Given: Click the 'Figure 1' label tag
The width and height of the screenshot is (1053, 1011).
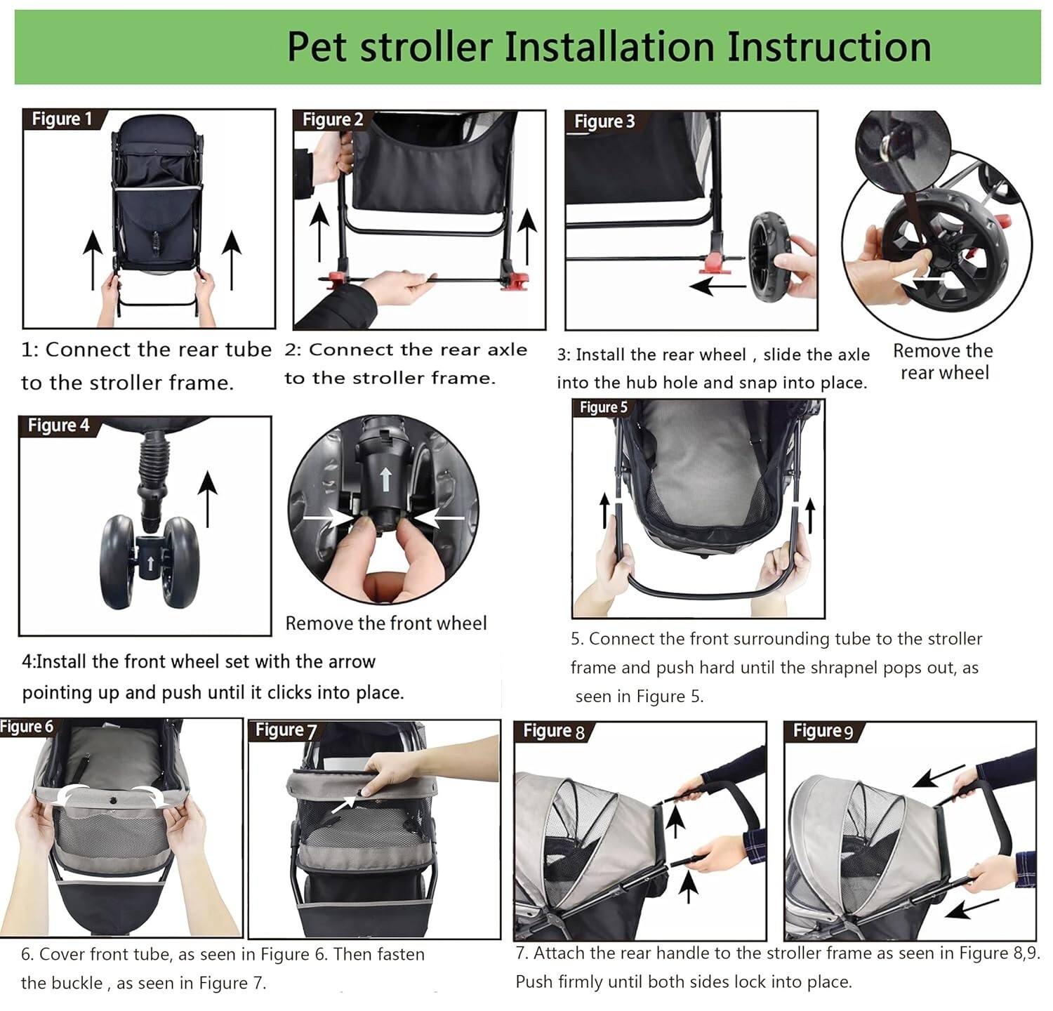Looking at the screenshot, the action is pos(62,119).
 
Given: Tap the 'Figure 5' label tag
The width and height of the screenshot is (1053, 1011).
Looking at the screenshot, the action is pos(603,407).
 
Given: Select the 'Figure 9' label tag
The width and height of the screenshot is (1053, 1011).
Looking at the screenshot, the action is pos(823,731).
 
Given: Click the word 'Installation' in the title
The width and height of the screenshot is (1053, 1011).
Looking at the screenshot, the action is pos(609,46).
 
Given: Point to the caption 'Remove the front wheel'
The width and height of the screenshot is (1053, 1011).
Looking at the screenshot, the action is pos(385,623).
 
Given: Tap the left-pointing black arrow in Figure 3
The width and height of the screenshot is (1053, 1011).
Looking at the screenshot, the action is pos(717,286).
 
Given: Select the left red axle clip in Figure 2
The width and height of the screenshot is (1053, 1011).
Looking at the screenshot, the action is pos(336,278).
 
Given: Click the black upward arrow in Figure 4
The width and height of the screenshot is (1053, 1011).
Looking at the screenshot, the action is pos(207,498).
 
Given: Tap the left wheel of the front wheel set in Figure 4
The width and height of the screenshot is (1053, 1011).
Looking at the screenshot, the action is pos(117,562).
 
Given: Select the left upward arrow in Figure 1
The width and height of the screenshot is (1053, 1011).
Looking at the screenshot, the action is pos(91,260).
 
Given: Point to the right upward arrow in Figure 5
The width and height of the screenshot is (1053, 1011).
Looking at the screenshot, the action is pos(810,515).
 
